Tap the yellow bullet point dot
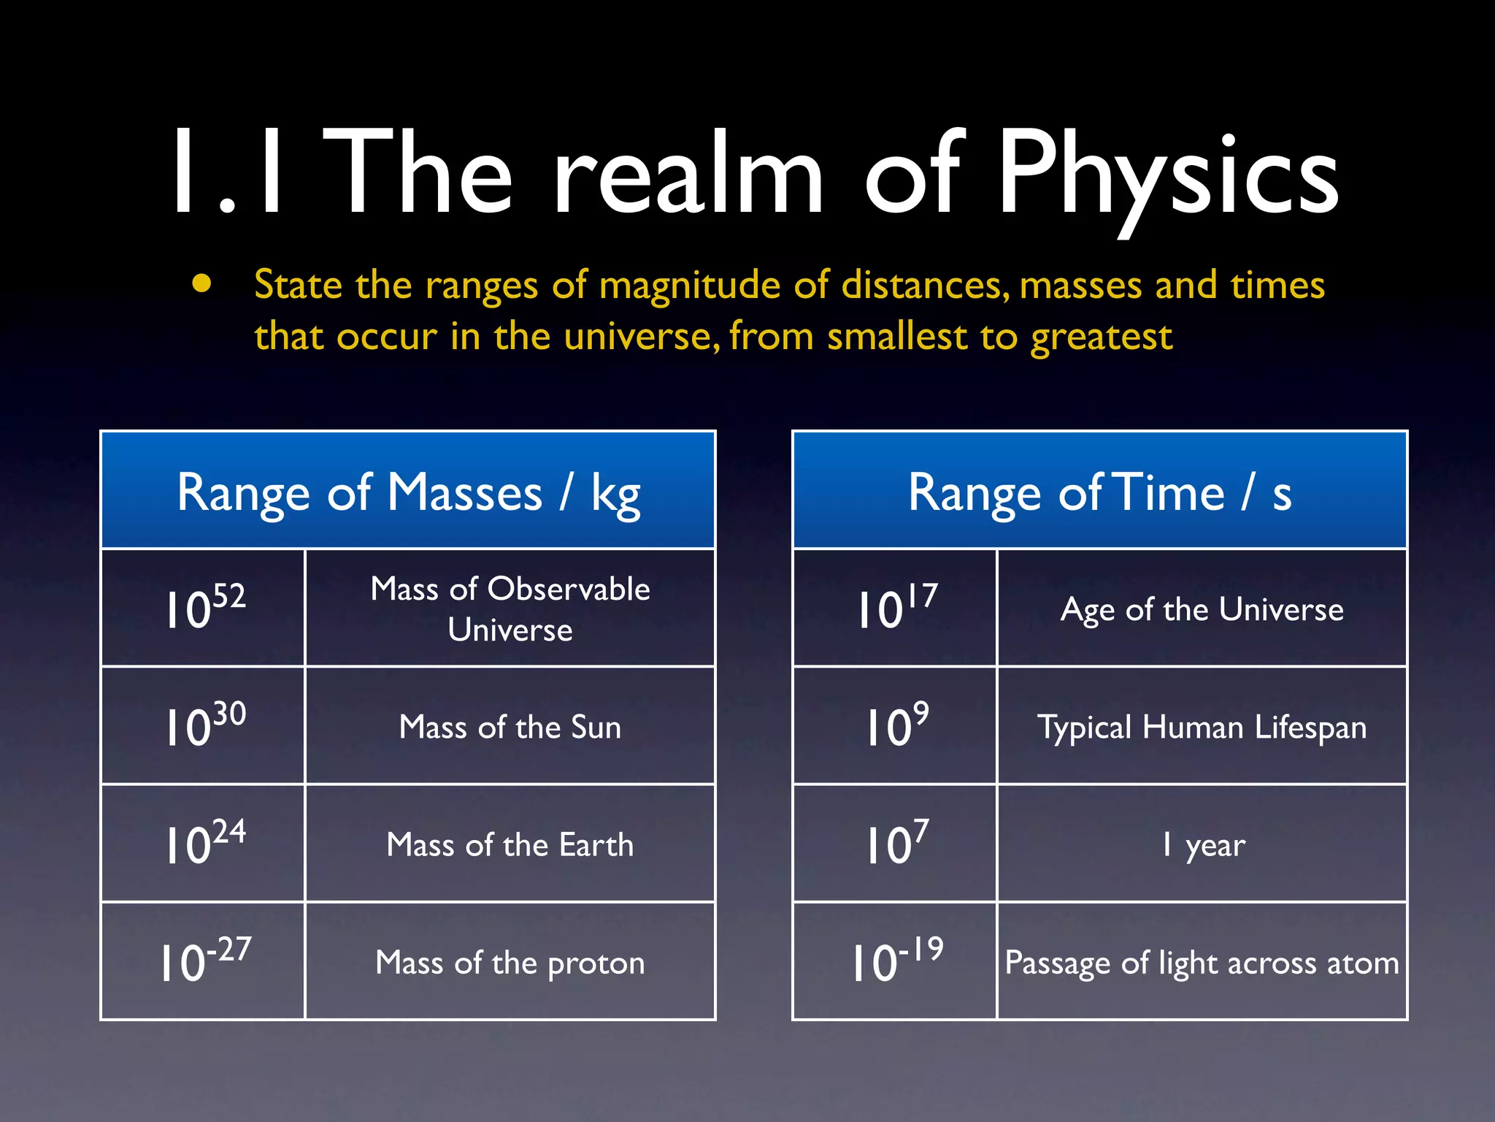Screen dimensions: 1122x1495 tap(202, 283)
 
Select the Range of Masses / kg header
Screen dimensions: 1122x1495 tap(408, 491)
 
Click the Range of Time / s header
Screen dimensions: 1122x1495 tap(1099, 491)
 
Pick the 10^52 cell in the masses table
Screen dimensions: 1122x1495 tap(204, 608)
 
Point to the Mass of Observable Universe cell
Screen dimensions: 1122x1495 tap(510, 608)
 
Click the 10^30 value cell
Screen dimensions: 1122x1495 tap(204, 725)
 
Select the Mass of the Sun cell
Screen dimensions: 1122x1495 tap(510, 727)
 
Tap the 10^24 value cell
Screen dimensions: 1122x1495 tap(204, 843)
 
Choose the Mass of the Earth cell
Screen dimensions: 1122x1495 tap(510, 844)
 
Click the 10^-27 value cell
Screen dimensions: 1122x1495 tap(204, 961)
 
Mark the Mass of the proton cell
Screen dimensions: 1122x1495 tap(510, 963)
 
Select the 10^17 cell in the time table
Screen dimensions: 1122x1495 tap(896, 608)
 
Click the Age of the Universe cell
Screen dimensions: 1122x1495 tap(1202, 609)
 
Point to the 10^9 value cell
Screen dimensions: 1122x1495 tap(896, 725)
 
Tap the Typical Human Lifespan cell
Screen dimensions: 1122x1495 tap(1202, 728)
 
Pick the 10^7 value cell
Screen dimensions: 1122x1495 tap(896, 843)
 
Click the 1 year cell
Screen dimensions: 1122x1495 tap(1202, 845)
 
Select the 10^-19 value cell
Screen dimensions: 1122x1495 tap(896, 961)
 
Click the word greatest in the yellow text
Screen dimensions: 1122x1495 tap(1101, 337)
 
